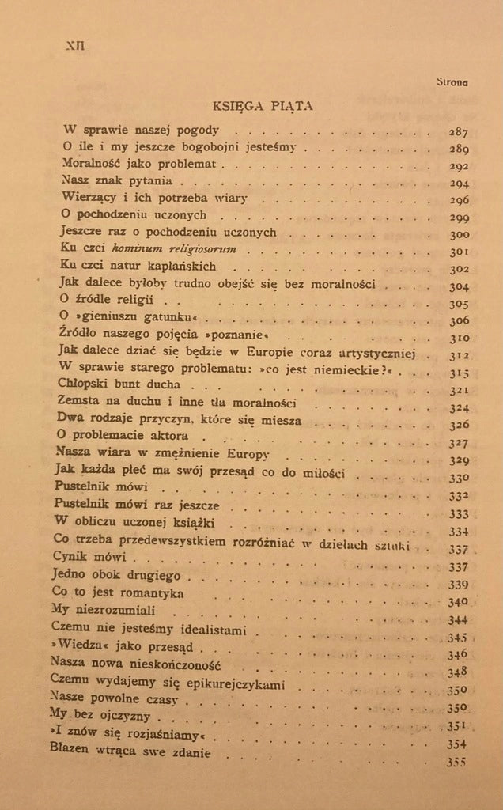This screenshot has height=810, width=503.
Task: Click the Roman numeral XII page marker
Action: coord(75,45)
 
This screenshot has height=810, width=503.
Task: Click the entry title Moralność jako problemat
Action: coord(143,165)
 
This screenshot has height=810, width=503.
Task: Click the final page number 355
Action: coord(458,762)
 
